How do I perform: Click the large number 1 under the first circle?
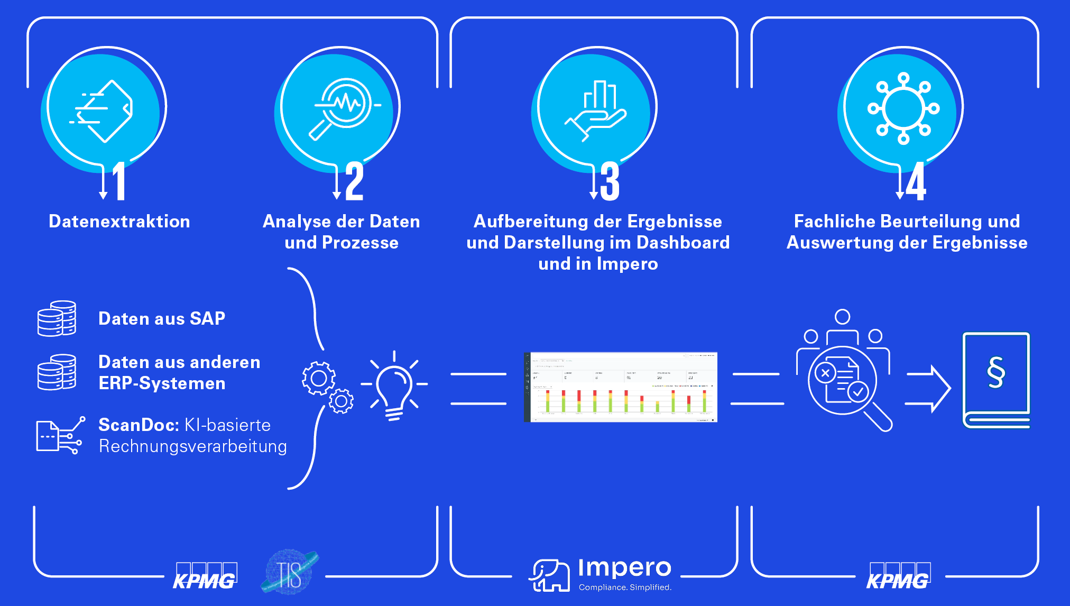point(119,181)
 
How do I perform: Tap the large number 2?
point(354,181)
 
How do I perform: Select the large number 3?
point(610,181)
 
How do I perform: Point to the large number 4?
point(916,181)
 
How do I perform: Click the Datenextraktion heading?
point(119,221)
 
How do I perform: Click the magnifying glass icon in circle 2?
point(342,108)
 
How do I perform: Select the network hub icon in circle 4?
point(903,108)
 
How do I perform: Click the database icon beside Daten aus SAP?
point(57,318)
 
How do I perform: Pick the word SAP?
point(207,318)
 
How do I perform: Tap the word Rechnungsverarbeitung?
point(193,446)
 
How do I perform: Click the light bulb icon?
point(394,385)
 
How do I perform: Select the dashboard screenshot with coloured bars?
point(620,387)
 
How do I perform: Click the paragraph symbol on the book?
point(996,372)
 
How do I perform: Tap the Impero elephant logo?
point(549,575)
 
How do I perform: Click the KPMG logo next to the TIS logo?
point(205,576)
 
